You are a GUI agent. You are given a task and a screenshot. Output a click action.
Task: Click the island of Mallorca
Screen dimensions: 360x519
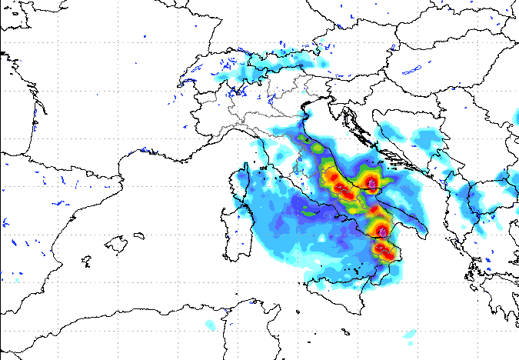(x=115, y=245)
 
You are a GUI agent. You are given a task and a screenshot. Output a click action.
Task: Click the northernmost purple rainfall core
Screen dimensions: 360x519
(x=373, y=184)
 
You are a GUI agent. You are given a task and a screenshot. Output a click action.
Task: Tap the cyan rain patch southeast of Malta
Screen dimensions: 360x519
(x=408, y=336)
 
